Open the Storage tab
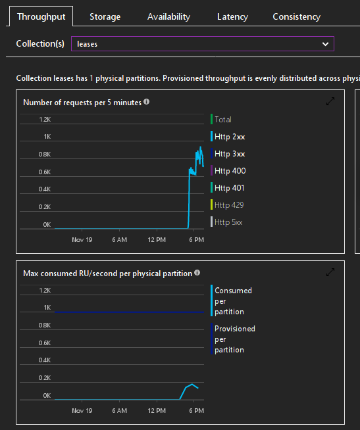click(x=105, y=16)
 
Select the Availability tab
click(x=168, y=16)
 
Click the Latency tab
click(x=232, y=16)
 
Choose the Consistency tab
click(x=296, y=16)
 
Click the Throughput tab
click(x=41, y=16)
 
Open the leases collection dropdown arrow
click(x=325, y=44)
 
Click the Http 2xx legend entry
click(x=229, y=137)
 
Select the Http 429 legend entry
click(x=228, y=205)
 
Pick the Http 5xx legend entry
click(x=228, y=222)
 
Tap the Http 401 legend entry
click(x=228, y=188)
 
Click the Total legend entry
click(x=222, y=120)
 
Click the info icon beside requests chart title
click(x=146, y=102)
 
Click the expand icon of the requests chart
click(x=330, y=102)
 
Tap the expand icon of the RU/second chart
click(x=330, y=272)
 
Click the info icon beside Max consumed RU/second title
click(x=197, y=272)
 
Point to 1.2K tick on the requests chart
click(x=44, y=120)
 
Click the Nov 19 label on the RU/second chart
click(x=82, y=410)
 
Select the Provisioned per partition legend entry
click(x=234, y=339)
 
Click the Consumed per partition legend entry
click(x=233, y=301)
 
